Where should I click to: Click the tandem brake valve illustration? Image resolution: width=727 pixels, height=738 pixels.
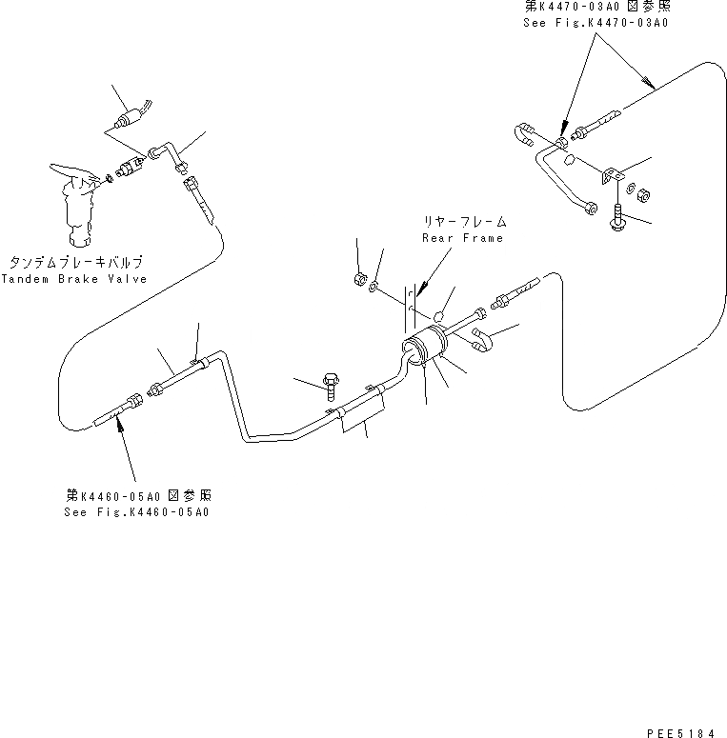[x=75, y=204]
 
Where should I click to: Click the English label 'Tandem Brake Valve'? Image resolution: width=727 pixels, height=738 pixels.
[x=74, y=279]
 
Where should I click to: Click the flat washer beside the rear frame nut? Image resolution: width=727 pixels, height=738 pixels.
[x=378, y=286]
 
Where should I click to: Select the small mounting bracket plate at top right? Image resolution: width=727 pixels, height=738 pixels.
[x=611, y=176]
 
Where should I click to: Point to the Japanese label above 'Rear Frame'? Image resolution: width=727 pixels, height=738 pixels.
[x=463, y=220]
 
